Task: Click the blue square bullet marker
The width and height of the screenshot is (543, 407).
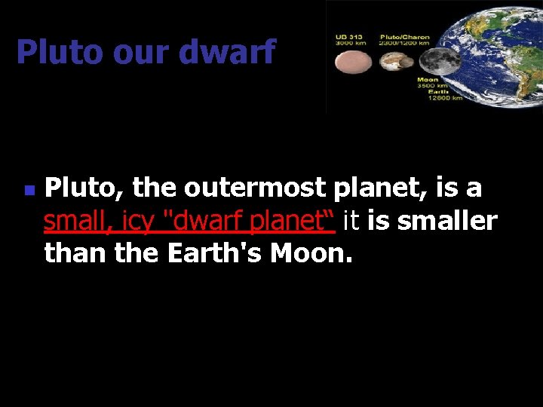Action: pos(28,192)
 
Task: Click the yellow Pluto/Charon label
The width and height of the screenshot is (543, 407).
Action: pos(404,36)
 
